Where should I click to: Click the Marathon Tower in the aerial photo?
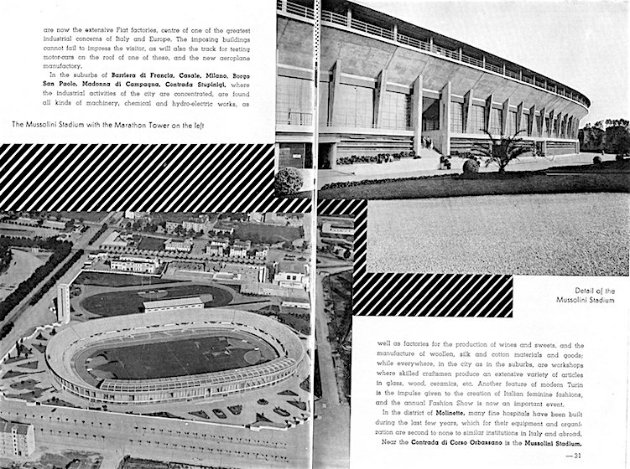click(63, 303)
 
